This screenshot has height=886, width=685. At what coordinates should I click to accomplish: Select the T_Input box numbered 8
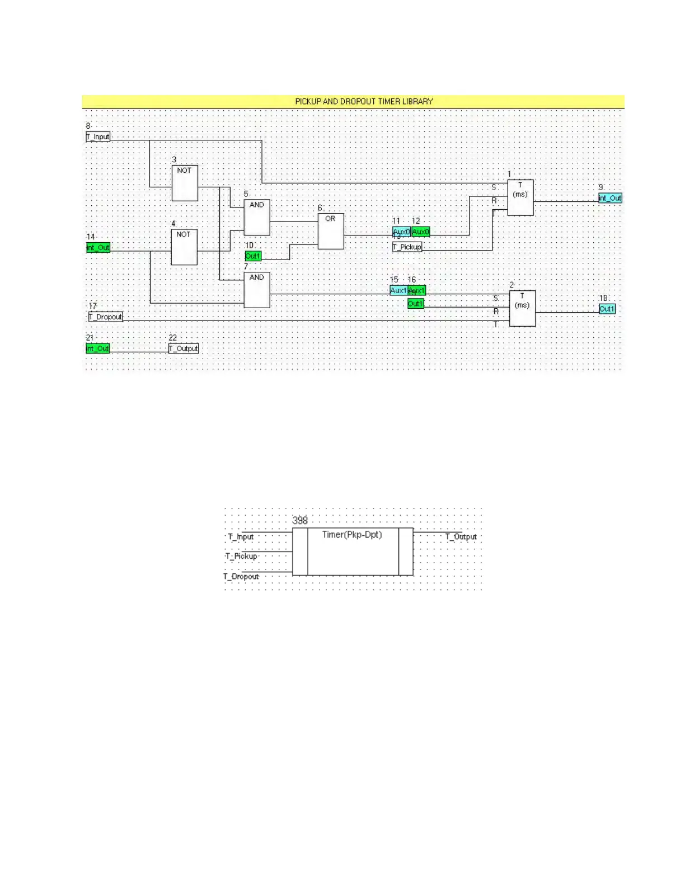click(x=98, y=136)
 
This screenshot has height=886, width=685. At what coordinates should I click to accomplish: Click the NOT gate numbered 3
click(x=185, y=183)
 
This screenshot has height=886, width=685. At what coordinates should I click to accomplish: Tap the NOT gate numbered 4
click(x=184, y=247)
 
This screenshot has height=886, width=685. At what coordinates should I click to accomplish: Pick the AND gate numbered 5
click(x=257, y=217)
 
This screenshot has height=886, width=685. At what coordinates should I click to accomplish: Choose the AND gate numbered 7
click(x=257, y=290)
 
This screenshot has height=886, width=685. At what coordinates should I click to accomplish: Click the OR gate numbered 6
click(x=331, y=231)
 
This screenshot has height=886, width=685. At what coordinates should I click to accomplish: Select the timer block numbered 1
click(x=520, y=197)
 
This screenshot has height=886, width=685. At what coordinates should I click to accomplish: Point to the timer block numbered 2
click(x=522, y=308)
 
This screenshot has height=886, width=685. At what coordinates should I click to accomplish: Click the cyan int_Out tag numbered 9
click(x=610, y=198)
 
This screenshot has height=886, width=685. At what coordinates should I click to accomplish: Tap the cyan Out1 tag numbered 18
click(x=607, y=309)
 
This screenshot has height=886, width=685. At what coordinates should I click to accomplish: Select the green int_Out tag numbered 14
click(x=98, y=247)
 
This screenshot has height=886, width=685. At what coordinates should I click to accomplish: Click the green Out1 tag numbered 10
click(x=253, y=256)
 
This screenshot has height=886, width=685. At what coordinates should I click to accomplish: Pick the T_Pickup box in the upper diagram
click(x=407, y=247)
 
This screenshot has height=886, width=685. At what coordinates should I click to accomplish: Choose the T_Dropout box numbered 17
click(x=106, y=317)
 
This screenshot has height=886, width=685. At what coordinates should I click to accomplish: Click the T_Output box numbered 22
click(x=184, y=348)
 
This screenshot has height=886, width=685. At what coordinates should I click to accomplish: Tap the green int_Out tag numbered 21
click(x=97, y=348)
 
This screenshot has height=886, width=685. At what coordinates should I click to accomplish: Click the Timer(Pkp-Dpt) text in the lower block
click(x=352, y=535)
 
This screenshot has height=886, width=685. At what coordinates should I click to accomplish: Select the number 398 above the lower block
click(x=300, y=520)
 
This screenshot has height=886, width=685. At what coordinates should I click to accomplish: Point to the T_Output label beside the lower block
click(x=461, y=537)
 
